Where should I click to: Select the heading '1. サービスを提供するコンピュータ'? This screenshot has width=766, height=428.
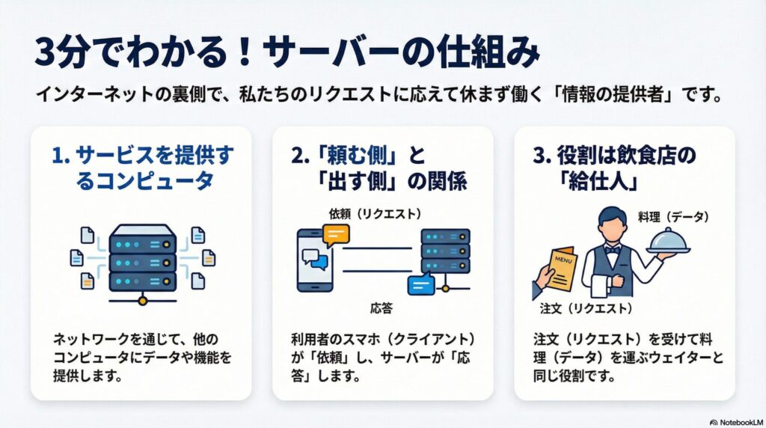point(142,168)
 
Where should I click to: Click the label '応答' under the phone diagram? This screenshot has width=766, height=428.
point(382,308)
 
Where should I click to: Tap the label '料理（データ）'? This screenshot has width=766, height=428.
point(673,216)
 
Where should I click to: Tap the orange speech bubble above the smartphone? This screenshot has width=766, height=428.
point(336,235)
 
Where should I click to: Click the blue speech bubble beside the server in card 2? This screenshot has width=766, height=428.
point(420,284)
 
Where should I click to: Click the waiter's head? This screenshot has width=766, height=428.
point(613,224)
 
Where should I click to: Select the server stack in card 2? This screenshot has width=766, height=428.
point(445,251)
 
